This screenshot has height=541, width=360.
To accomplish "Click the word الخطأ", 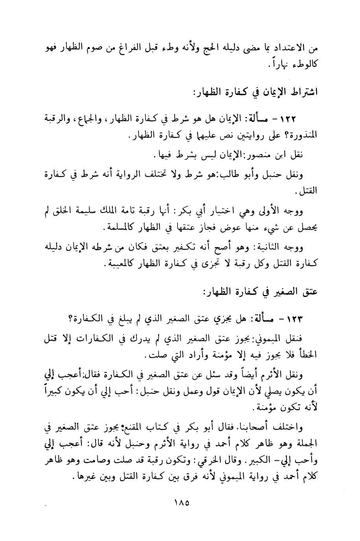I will pyautogui.click(x=308, y=356).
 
